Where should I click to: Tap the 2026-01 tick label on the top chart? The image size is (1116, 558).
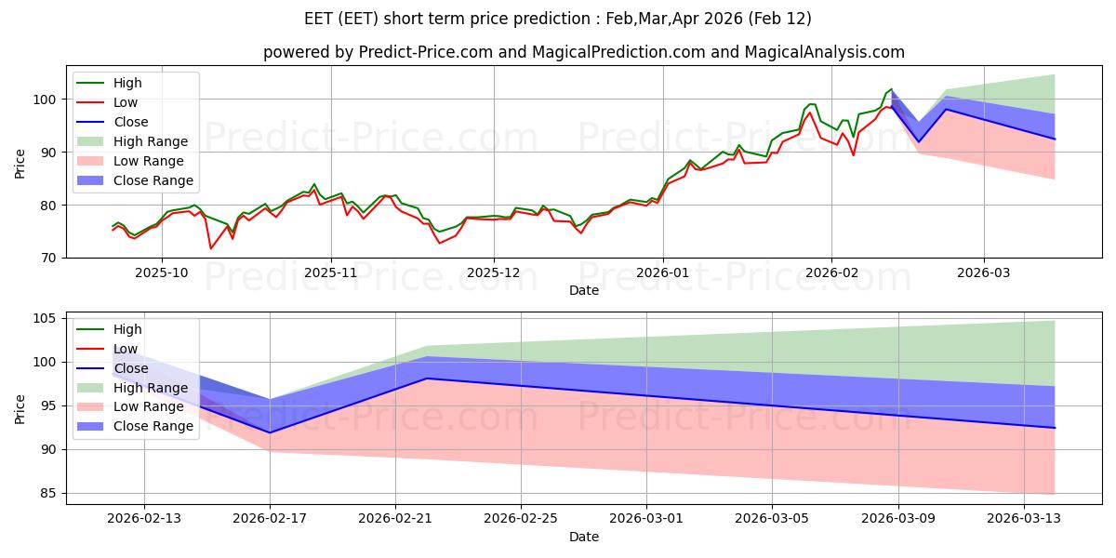pos(663,273)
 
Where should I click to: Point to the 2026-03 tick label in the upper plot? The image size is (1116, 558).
pos(984,273)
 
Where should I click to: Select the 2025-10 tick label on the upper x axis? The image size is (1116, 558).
pos(162,273)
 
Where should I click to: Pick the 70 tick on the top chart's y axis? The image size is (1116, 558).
pos(47,258)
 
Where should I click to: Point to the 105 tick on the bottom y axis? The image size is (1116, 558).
pos(44,318)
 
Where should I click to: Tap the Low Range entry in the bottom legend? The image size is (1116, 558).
pos(148,407)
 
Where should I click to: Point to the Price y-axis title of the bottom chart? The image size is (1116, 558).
pos(20,408)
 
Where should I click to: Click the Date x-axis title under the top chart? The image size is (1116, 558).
pos(585,291)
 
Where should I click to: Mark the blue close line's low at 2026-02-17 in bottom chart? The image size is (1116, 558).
pos(270,432)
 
